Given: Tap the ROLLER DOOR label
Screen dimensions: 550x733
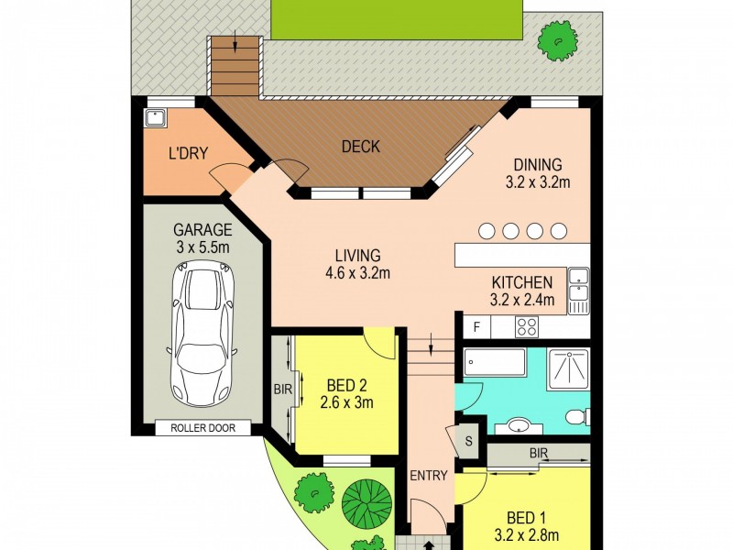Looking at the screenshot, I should [x=203, y=427].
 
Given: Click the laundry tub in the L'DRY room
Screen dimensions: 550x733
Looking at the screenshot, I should [x=154, y=118].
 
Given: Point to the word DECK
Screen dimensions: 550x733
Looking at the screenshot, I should [x=360, y=146].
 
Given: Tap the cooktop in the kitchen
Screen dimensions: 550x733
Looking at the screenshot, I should [x=528, y=325].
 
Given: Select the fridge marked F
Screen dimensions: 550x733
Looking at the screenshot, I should [x=476, y=326].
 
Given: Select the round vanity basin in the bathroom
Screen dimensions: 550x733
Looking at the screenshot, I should [x=518, y=424].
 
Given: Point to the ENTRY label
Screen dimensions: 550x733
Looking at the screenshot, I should [x=428, y=475].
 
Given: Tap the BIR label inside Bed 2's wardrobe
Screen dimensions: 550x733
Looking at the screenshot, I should [x=281, y=390].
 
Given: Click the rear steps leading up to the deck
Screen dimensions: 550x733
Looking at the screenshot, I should [x=235, y=66].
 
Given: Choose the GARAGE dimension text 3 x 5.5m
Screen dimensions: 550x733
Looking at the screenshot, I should [x=202, y=247].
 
